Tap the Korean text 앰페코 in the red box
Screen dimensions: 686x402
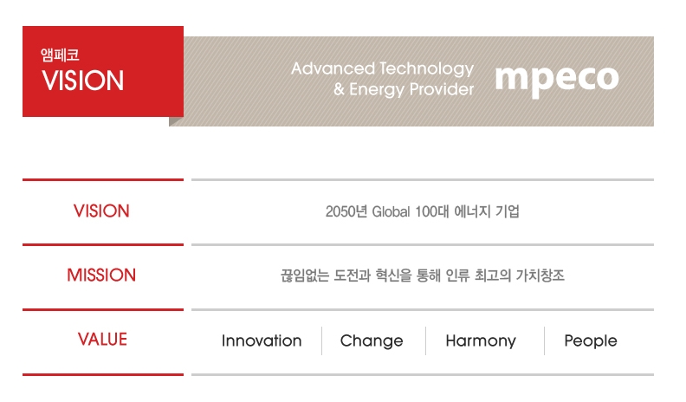(60, 55)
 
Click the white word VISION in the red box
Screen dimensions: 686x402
(82, 81)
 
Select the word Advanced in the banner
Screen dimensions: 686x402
(333, 68)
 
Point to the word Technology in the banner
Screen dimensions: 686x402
(426, 69)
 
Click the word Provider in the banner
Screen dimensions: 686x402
(442, 89)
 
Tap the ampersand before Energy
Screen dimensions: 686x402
(339, 89)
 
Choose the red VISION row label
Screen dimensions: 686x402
(101, 211)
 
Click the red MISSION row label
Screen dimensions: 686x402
(101, 276)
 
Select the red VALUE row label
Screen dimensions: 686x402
(102, 340)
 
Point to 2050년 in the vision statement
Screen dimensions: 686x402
(346, 211)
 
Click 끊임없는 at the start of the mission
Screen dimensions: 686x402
(305, 276)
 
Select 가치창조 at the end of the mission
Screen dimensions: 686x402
(540, 276)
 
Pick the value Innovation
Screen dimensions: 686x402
(262, 340)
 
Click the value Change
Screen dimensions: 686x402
(372, 341)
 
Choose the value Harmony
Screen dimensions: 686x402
(481, 341)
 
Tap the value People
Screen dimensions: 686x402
(591, 341)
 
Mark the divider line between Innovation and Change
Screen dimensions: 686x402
(321, 340)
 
